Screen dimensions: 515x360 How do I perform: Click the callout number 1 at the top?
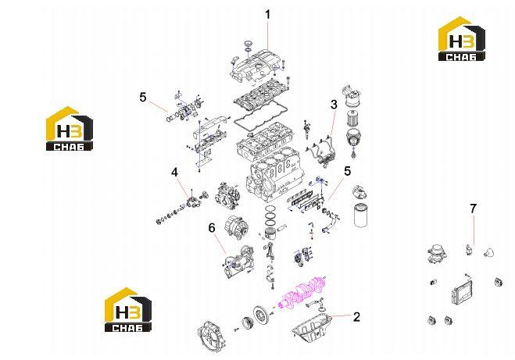(x=268, y=15)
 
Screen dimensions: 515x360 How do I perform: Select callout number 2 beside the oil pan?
(x=356, y=317)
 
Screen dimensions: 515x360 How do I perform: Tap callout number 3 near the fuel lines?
(x=334, y=105)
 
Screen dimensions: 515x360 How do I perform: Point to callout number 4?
(x=175, y=172)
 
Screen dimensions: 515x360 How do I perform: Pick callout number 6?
(x=212, y=227)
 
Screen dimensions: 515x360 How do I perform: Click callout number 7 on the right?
(x=473, y=209)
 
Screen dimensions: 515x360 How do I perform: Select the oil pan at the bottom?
(x=311, y=327)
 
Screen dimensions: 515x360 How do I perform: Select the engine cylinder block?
(x=274, y=178)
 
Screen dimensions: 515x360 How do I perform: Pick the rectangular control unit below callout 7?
(x=460, y=292)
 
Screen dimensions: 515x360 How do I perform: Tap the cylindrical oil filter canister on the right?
(x=361, y=216)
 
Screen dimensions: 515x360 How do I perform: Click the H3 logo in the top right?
(x=462, y=39)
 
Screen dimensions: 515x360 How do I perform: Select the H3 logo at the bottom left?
(x=128, y=310)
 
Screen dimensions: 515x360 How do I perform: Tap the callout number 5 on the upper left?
(x=142, y=98)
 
